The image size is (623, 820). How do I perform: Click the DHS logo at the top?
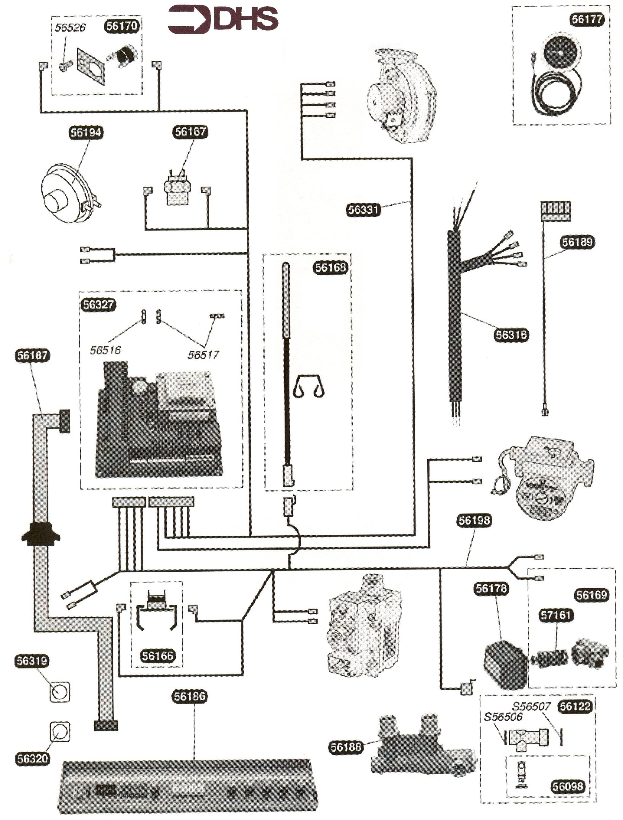(223, 19)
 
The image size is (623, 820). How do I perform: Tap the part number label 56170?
(122, 26)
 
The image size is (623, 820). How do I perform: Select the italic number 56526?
(70, 28)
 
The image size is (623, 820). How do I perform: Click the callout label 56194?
(86, 132)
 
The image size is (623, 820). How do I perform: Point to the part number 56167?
(190, 132)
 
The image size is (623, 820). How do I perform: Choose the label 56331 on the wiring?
(363, 210)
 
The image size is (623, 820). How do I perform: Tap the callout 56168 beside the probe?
(331, 267)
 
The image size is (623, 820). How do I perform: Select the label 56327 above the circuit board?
(98, 305)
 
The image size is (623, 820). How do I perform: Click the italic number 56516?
(105, 350)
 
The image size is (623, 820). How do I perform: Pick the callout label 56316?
(511, 335)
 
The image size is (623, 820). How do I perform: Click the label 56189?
(577, 242)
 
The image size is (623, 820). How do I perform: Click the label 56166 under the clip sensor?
(158, 656)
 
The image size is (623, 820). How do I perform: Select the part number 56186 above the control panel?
(190, 697)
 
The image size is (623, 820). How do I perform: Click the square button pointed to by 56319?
(60, 692)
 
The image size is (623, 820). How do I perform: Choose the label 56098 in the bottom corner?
(568, 786)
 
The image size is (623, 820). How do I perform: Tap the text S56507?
(531, 706)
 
